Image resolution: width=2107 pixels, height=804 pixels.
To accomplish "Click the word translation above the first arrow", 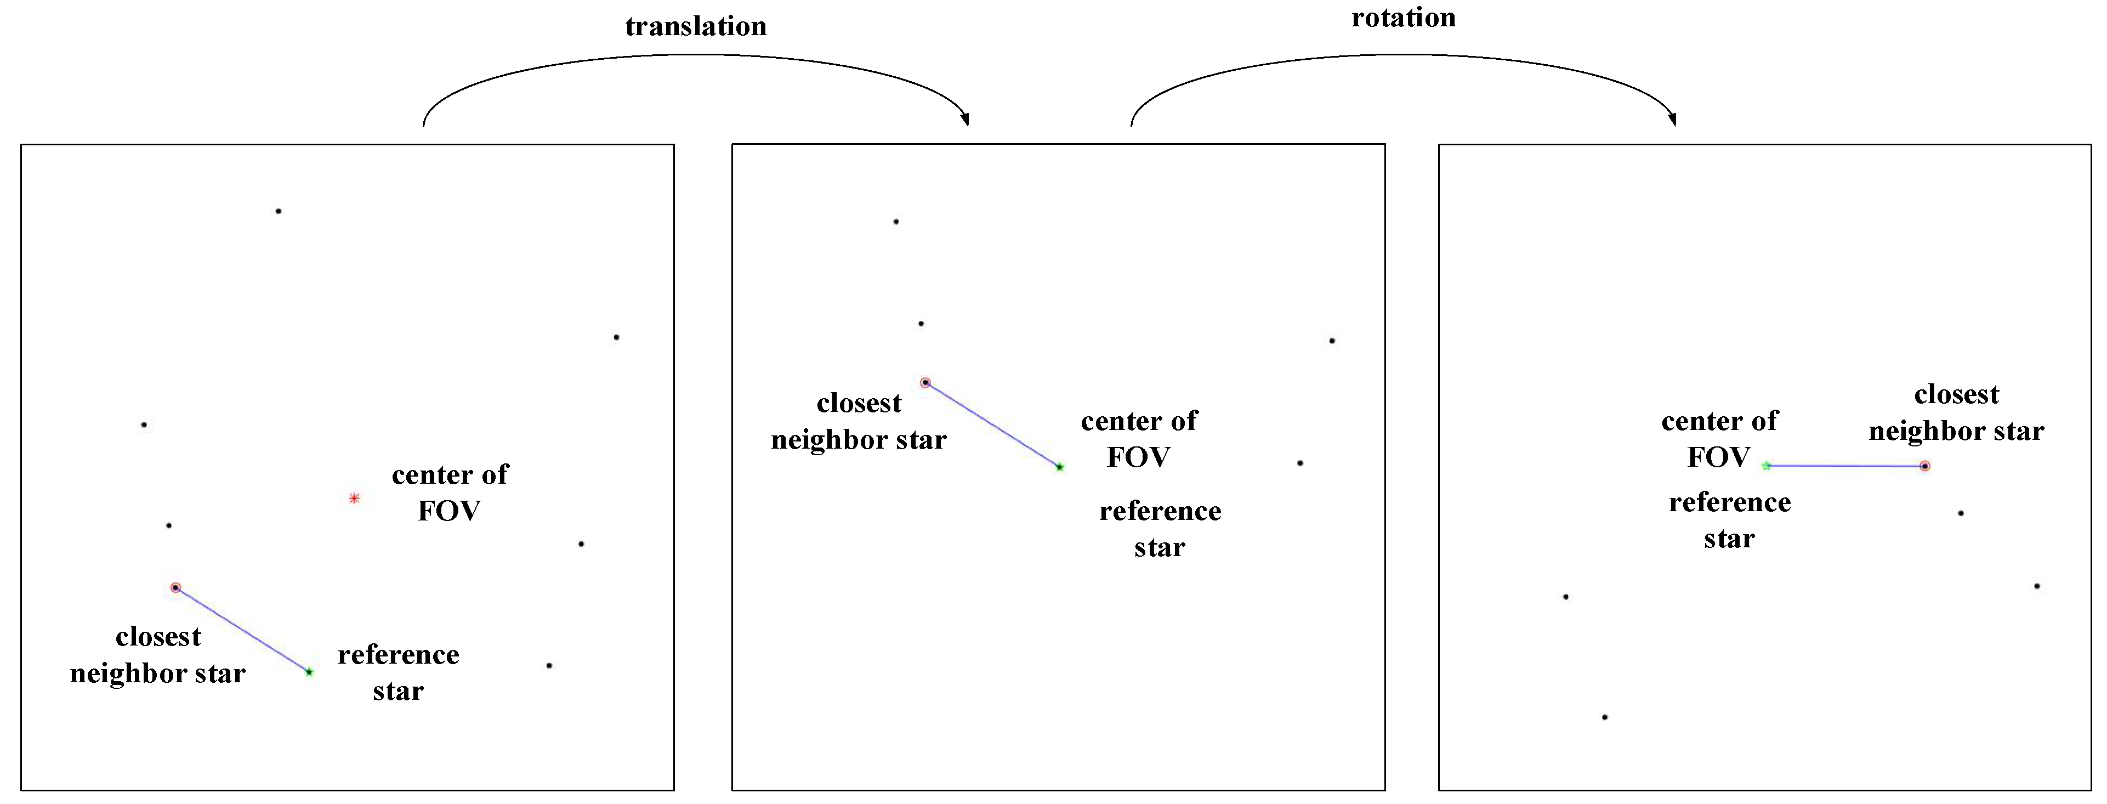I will (x=696, y=26).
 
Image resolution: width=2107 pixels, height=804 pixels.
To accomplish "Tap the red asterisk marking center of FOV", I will (x=354, y=498).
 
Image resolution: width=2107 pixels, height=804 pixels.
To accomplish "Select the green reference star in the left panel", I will (x=309, y=672).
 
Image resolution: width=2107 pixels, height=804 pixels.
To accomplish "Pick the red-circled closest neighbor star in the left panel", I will (x=175, y=587).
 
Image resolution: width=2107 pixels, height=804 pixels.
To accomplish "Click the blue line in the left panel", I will (x=242, y=630).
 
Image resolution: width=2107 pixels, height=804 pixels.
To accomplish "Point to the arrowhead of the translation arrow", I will (x=966, y=120).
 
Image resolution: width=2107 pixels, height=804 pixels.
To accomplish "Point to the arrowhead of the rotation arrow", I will (x=1673, y=120).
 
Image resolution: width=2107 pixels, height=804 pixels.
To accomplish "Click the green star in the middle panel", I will (x=1059, y=467).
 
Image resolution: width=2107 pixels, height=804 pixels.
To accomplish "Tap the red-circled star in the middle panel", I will (x=925, y=382).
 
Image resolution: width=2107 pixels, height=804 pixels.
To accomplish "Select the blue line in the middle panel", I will (x=992, y=424).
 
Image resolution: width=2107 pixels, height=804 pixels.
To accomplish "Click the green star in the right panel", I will (x=1766, y=466).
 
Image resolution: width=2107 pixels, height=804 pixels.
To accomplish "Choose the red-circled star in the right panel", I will (x=1924, y=466).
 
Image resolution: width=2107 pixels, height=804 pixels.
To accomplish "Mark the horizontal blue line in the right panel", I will (x=1845, y=466).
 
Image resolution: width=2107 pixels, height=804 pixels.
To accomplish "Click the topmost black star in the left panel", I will (x=278, y=211).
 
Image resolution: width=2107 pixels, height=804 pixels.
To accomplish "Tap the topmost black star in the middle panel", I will (x=896, y=222).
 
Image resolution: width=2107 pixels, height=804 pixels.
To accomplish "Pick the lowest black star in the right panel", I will (x=1604, y=717).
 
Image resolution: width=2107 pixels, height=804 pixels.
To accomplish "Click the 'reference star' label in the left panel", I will (x=399, y=672).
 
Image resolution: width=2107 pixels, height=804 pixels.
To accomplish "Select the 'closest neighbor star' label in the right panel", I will (x=1956, y=413).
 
